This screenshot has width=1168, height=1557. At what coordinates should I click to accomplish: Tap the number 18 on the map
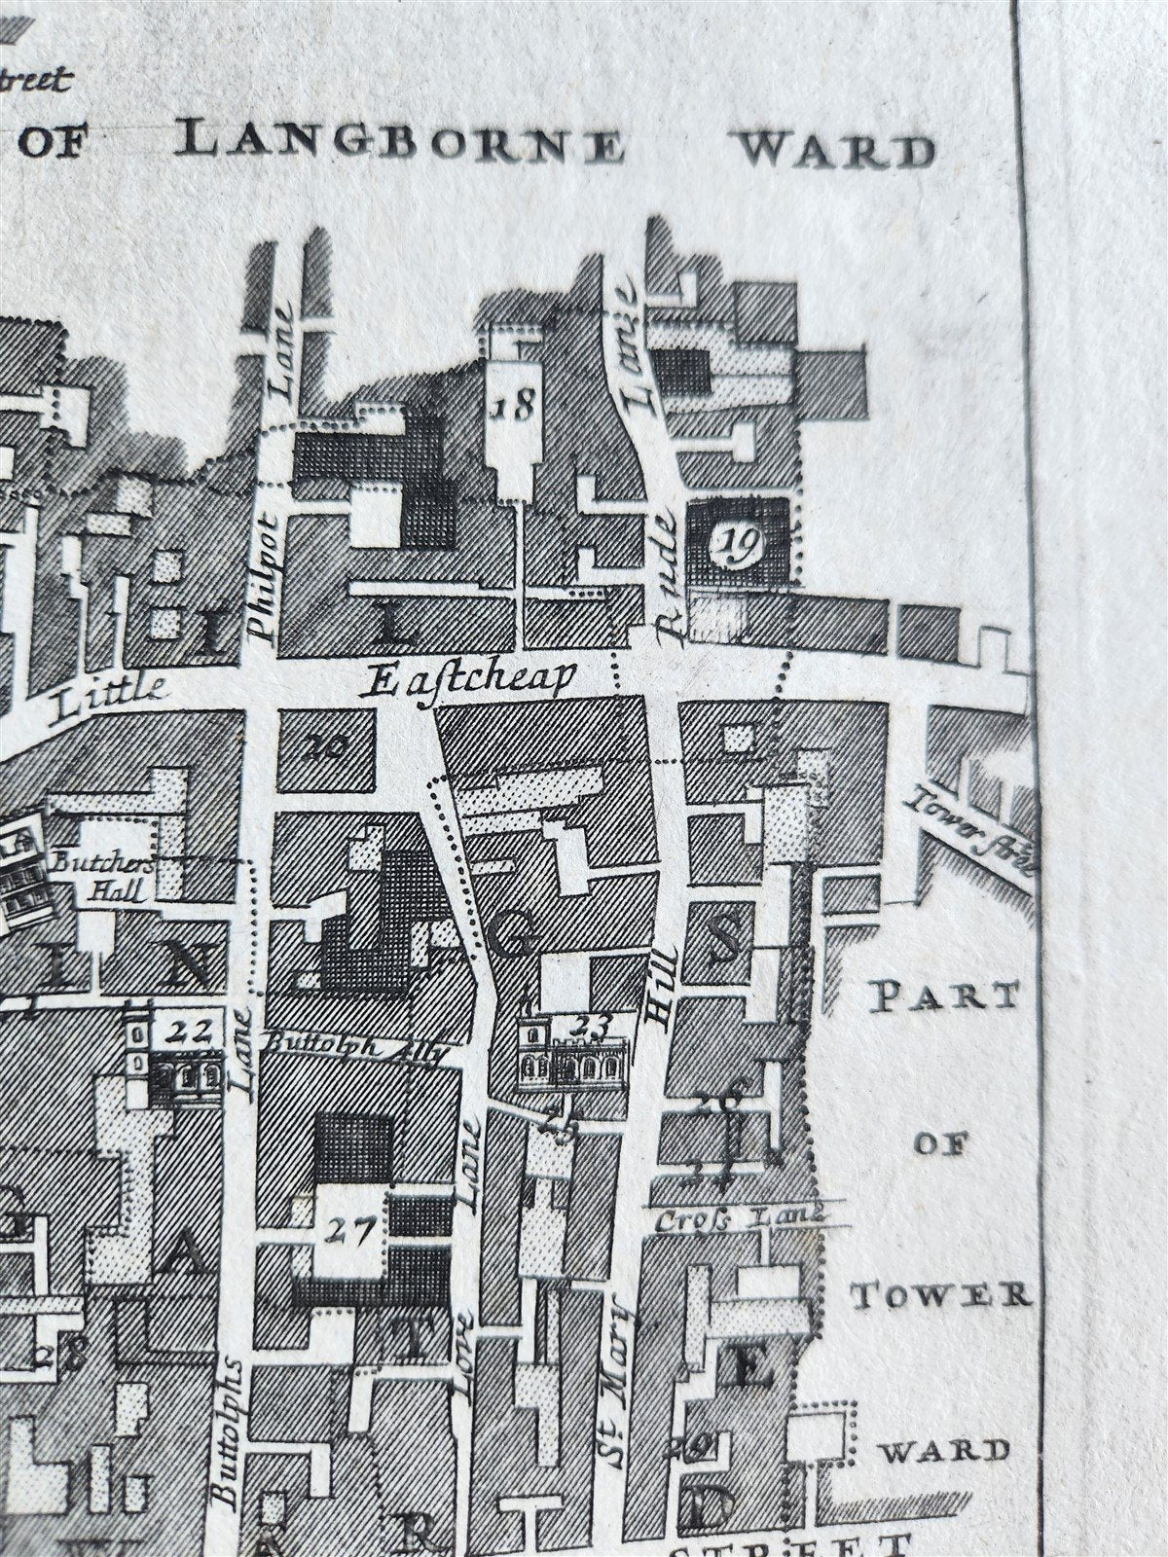(x=513, y=405)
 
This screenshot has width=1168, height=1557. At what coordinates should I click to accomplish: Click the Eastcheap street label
(x=468, y=678)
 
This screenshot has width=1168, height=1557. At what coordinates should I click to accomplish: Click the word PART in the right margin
(x=941, y=996)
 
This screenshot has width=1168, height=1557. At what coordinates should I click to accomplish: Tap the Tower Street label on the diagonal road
(x=969, y=828)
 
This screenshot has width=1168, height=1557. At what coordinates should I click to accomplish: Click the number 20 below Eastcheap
(x=325, y=747)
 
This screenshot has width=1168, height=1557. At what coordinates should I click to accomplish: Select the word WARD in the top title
(x=836, y=151)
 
